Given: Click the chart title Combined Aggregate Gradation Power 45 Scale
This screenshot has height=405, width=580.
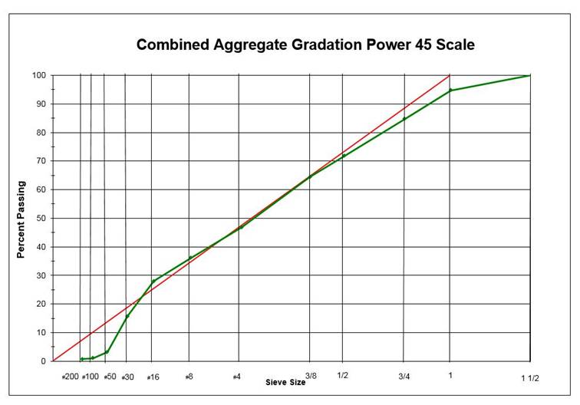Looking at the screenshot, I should pyautogui.click(x=305, y=44).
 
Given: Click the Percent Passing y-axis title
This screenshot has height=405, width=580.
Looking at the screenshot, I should pyautogui.click(x=21, y=219).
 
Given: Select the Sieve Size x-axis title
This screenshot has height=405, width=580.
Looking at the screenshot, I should pyautogui.click(x=285, y=382).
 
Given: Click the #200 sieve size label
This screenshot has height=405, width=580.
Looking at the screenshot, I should pyautogui.click(x=71, y=377).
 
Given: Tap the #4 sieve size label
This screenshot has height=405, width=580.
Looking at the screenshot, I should pyautogui.click(x=238, y=377).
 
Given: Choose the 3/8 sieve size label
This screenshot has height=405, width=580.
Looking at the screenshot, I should pyautogui.click(x=310, y=376).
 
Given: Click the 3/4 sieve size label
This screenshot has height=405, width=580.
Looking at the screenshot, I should pyautogui.click(x=404, y=376).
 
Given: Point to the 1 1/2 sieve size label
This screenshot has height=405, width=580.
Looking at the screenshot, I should pyautogui.click(x=530, y=377).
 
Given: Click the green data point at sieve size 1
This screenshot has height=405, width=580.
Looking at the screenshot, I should pyautogui.click(x=450, y=91).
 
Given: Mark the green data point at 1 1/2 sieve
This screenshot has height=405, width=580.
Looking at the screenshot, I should pyautogui.click(x=529, y=75).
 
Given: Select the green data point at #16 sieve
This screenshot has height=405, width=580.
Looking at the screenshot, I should pyautogui.click(x=153, y=282).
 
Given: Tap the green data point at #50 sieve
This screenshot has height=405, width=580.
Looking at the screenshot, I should pyautogui.click(x=107, y=352).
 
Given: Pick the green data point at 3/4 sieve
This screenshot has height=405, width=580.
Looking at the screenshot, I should pyautogui.click(x=404, y=119).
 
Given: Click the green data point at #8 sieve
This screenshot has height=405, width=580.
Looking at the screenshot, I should pyautogui.click(x=190, y=258).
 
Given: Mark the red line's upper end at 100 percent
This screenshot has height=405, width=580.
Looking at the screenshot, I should pyautogui.click(x=450, y=75).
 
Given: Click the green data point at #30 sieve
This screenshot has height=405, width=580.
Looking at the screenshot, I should pyautogui.click(x=127, y=316).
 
